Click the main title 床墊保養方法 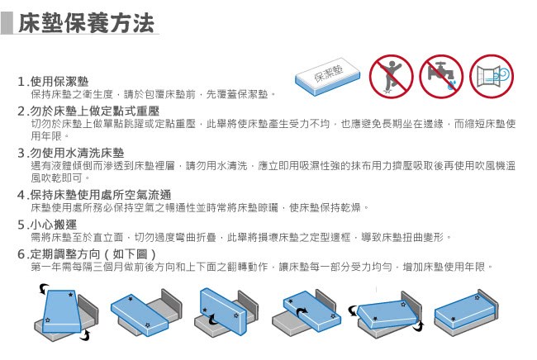(x=86, y=23)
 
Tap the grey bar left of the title (x=7, y=23)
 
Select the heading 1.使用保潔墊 (x=53, y=82)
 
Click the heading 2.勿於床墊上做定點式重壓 (x=88, y=111)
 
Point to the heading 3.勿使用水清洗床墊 (x=71, y=153)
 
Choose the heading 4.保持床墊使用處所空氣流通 (x=94, y=195)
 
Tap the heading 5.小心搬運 (x=47, y=225)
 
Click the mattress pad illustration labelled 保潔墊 (x=328, y=77)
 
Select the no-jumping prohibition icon (x=391, y=77)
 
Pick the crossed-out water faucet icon (x=441, y=77)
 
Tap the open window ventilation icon (x=492, y=77)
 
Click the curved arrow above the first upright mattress (x=44, y=288)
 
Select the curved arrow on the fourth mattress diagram (x=302, y=313)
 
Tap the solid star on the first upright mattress (x=70, y=295)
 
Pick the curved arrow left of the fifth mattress (x=353, y=310)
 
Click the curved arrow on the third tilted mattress (x=213, y=320)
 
